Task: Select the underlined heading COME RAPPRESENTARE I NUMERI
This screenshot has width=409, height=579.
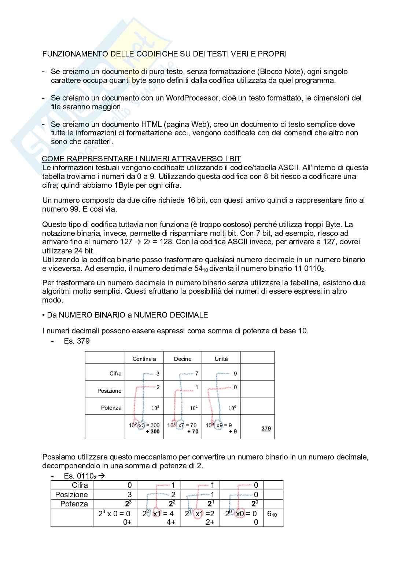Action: [x=141, y=159]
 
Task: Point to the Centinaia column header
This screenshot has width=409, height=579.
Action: [x=144, y=359]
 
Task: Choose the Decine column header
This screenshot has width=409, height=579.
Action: [x=183, y=359]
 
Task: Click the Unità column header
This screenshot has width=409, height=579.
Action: [x=221, y=359]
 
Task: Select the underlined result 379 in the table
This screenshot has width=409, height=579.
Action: [x=266, y=428]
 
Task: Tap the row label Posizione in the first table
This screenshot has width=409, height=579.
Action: [x=109, y=391]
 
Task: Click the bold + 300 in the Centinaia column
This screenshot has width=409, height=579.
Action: [x=152, y=432]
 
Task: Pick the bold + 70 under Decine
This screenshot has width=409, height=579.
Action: [x=192, y=432]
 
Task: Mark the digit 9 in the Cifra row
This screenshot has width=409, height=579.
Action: [x=235, y=374]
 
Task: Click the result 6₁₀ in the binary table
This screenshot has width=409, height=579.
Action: [x=272, y=514]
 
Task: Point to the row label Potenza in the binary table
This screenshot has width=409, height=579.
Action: [x=74, y=504]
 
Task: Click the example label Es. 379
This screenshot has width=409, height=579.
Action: [x=77, y=341]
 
